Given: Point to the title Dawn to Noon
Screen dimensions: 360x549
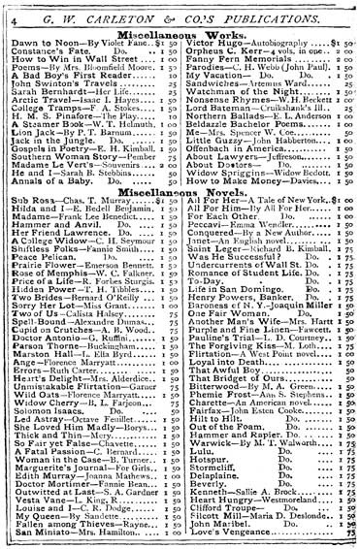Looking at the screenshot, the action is pos(43,46).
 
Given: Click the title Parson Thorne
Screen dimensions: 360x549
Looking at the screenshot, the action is pos(43,344).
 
